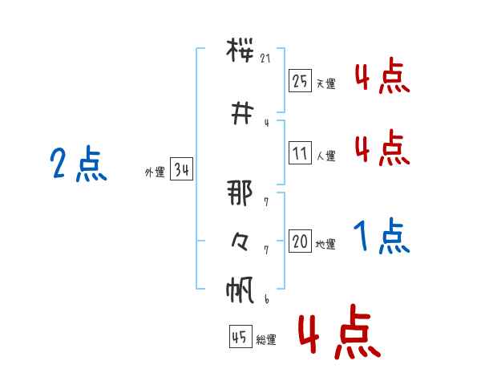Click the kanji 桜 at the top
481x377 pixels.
pos(240,50)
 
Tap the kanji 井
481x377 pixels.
pos(242,114)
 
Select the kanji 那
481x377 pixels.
pos(240,193)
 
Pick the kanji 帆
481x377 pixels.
pos(240,290)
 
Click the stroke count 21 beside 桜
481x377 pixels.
pos(265,58)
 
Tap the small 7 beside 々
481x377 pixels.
pos(266,250)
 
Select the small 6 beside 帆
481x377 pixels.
pos(267,299)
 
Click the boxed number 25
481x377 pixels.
pos(300,81)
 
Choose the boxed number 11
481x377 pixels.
pos(300,153)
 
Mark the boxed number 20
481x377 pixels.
pos(300,241)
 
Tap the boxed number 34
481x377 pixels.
pos(181,169)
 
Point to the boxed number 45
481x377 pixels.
pos(240,336)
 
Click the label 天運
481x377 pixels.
pos(325,83)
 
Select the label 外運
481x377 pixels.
pos(155,172)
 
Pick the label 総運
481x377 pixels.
pos(266,339)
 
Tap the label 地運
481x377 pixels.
pos(325,244)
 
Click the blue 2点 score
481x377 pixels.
pos(79,164)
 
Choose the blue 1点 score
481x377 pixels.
pos(382,236)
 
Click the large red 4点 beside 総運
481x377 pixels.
pos(340,331)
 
